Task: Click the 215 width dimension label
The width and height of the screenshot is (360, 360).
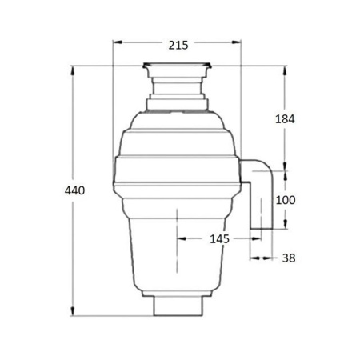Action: [178, 46]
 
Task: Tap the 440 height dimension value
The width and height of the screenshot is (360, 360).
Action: [74, 190]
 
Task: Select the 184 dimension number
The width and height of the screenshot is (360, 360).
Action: [285, 119]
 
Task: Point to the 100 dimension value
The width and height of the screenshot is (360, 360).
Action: [286, 200]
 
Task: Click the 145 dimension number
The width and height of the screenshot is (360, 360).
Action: [219, 239]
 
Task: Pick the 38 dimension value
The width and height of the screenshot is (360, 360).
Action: [289, 258]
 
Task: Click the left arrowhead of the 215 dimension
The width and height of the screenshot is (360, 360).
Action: [118, 42]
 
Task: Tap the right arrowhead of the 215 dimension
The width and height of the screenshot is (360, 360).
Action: [237, 42]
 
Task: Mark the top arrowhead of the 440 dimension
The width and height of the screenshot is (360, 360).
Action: [73, 70]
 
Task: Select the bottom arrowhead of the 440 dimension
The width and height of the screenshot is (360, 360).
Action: [73, 311]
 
